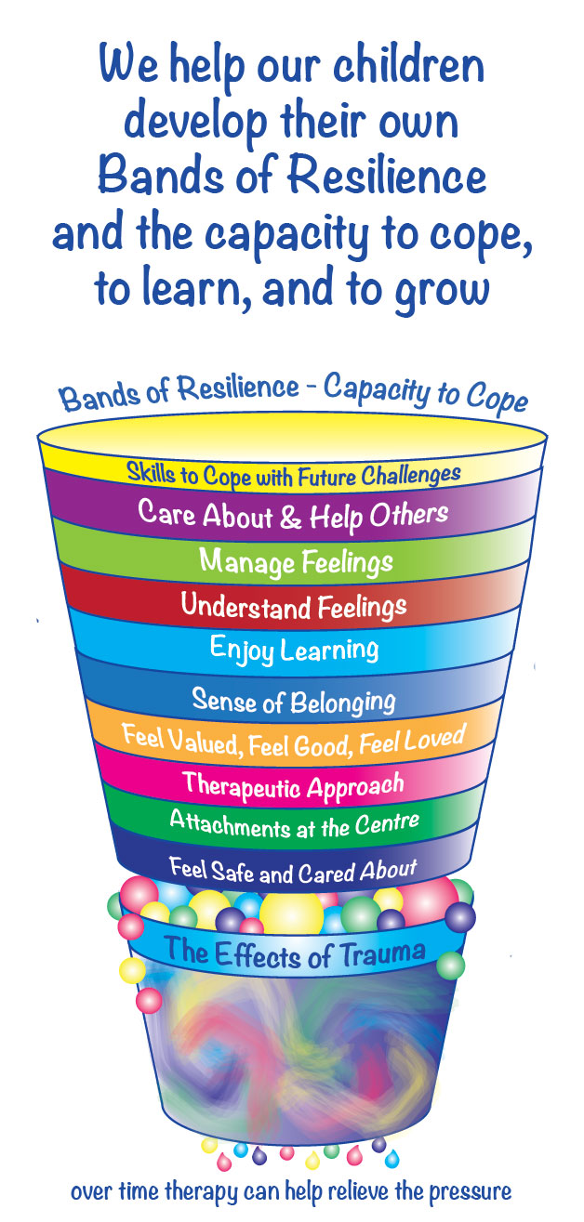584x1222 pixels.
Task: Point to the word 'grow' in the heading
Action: pyautogui.click(x=439, y=288)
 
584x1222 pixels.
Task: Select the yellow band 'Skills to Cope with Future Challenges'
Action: pyautogui.click(x=294, y=474)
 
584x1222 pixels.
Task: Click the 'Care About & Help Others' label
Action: pyautogui.click(x=293, y=514)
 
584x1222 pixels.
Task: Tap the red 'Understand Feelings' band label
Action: pyautogui.click(x=294, y=607)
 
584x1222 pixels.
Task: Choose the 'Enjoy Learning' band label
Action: pyautogui.click(x=294, y=649)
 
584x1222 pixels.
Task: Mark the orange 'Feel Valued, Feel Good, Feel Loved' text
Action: pyautogui.click(x=293, y=740)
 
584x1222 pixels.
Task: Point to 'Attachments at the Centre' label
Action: pyautogui.click(x=294, y=822)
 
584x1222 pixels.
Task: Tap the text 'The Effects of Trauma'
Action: pyautogui.click(x=295, y=951)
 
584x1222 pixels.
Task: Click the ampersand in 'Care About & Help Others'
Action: pyautogui.click(x=292, y=516)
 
